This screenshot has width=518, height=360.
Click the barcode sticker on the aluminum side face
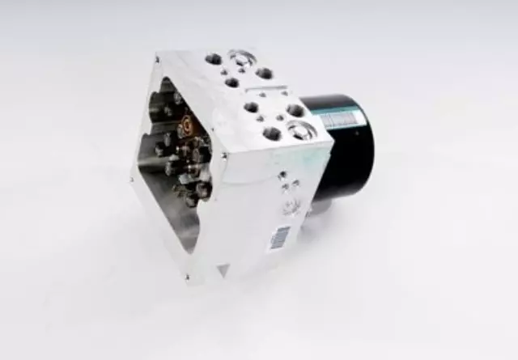coord(279,235)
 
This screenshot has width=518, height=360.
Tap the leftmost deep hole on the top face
coord(214,59)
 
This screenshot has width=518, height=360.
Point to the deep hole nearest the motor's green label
coord(295,109)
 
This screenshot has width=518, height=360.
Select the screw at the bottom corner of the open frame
coord(188,277)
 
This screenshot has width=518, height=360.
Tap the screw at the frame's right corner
coord(223,154)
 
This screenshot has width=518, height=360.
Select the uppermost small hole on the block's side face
coord(282,174)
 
